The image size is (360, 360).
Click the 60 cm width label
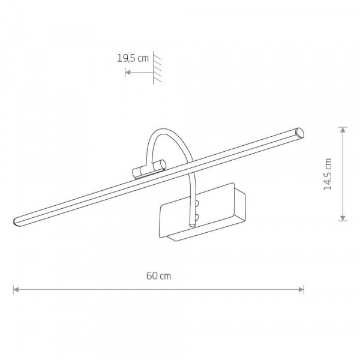pyautogui.click(x=158, y=276)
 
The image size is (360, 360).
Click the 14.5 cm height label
pyautogui.click(x=328, y=174)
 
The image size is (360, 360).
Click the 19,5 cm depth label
pyautogui.click(x=133, y=58)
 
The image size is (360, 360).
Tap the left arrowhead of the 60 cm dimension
pyautogui.click(x=16, y=289)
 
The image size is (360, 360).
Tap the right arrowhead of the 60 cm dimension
pyautogui.click(x=301, y=289)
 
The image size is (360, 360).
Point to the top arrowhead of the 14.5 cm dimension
pyautogui.click(x=343, y=130)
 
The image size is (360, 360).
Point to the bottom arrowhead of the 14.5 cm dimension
pyautogui.click(x=343, y=218)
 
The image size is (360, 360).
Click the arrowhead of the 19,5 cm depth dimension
pyautogui.click(x=128, y=73)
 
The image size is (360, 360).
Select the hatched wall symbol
pyautogui.click(x=157, y=68)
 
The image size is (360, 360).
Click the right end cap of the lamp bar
pyautogui.click(x=299, y=133)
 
